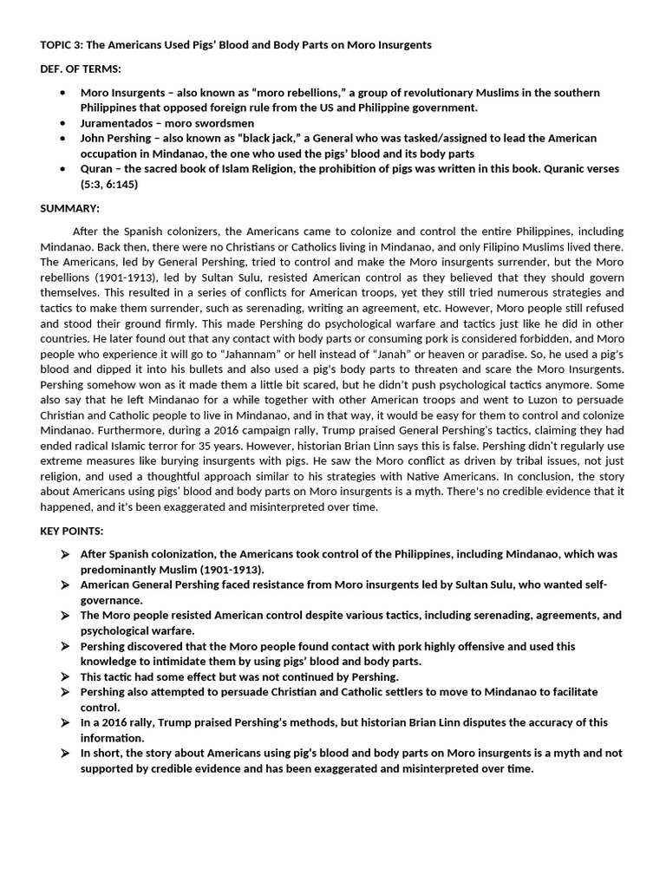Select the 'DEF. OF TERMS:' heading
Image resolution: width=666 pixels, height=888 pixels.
(x=81, y=69)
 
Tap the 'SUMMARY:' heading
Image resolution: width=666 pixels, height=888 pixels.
(x=70, y=208)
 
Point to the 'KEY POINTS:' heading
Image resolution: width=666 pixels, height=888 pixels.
(x=73, y=531)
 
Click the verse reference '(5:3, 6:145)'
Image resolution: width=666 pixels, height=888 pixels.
(x=109, y=184)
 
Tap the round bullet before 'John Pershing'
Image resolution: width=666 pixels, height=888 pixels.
(x=62, y=139)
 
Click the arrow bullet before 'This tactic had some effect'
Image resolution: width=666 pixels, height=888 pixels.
(x=64, y=676)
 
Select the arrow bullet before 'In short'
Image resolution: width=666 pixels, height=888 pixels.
(x=64, y=753)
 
